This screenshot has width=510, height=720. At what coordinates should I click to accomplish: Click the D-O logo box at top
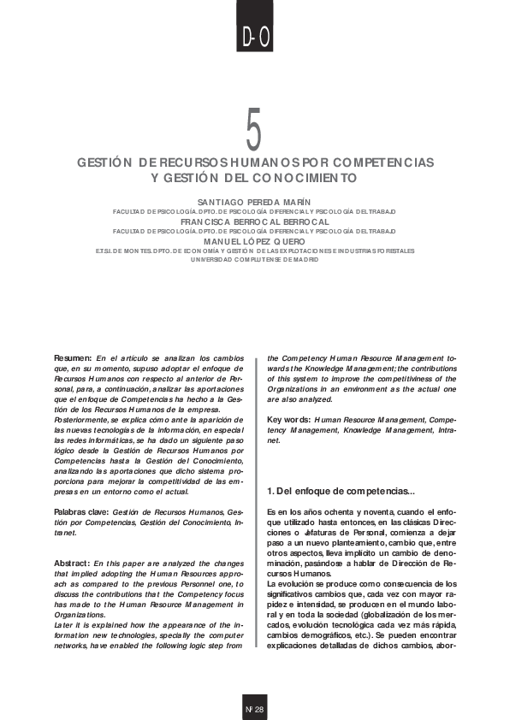click(255, 36)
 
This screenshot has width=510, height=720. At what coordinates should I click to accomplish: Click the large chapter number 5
click(254, 130)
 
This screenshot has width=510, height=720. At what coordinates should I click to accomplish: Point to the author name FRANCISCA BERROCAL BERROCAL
click(254, 221)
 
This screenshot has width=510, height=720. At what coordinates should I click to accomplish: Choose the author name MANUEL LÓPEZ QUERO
click(254, 242)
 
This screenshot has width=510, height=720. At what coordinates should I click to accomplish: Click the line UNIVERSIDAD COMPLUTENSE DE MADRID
click(254, 259)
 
